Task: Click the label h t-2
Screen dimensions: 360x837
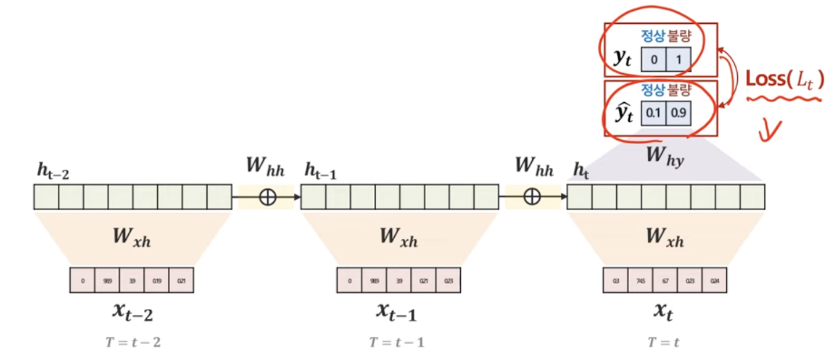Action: click(x=53, y=172)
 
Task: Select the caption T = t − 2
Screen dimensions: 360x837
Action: click(x=132, y=343)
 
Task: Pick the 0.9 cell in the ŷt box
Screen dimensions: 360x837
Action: click(x=678, y=114)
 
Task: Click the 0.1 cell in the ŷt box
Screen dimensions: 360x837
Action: click(x=654, y=114)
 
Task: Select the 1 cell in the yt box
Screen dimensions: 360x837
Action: click(x=678, y=59)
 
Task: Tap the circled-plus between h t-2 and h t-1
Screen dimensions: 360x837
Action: click(x=267, y=197)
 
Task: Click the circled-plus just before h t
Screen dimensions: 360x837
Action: click(x=532, y=197)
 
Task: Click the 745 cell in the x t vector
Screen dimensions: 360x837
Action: click(x=640, y=280)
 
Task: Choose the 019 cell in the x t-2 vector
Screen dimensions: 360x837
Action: click(x=156, y=280)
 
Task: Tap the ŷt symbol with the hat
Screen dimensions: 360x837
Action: click(x=622, y=114)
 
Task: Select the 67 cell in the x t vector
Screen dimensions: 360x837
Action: click(x=665, y=280)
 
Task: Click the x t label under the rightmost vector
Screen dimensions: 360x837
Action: click(x=664, y=312)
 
